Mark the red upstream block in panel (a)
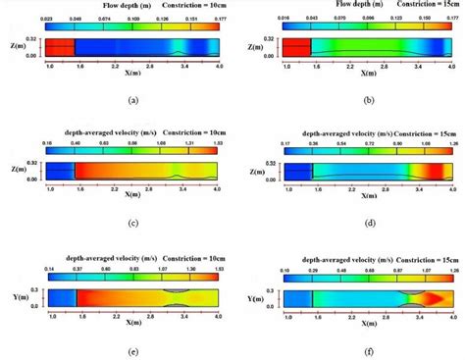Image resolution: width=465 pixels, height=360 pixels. pyautogui.click(x=59, y=46)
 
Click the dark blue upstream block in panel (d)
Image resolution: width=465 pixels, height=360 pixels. pyautogui.click(x=296, y=174)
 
